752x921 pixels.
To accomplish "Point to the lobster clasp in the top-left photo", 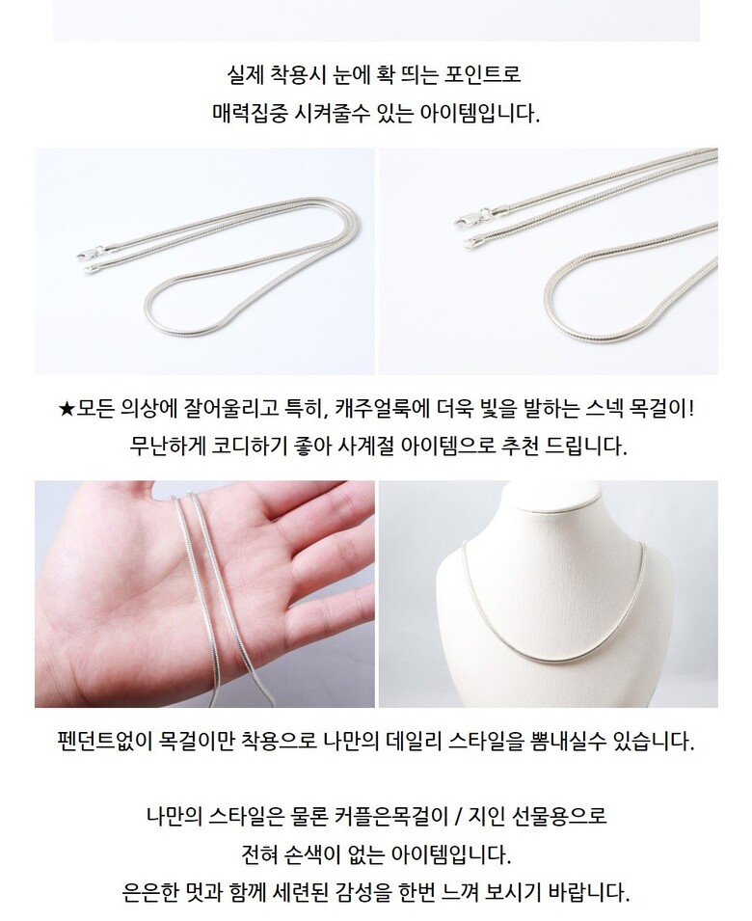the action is pyautogui.click(x=88, y=255).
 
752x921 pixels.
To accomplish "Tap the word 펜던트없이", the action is pyautogui.click(x=105, y=742).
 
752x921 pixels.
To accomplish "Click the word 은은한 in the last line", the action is pyautogui.click(x=149, y=892).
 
